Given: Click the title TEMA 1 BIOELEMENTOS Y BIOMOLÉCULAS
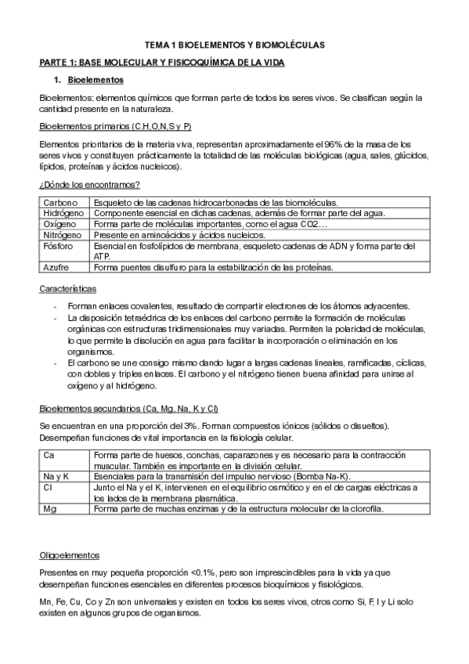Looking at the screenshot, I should pyautogui.click(x=234, y=46).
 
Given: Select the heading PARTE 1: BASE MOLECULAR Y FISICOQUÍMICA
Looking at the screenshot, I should pyautogui.click(x=162, y=62).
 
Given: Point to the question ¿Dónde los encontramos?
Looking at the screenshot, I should pyautogui.click(x=89, y=185).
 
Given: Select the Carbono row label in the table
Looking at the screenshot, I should pyautogui.click(x=60, y=203).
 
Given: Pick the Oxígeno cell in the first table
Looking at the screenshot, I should pyautogui.click(x=60, y=223).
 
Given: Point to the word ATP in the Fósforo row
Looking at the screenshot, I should pyautogui.click(x=100, y=255).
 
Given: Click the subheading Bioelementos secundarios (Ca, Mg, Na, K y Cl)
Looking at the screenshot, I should pyautogui.click(x=128, y=409).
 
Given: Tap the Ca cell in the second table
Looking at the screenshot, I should pyautogui.click(x=49, y=454).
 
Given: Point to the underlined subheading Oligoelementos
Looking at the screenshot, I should pyautogui.click(x=69, y=555).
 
